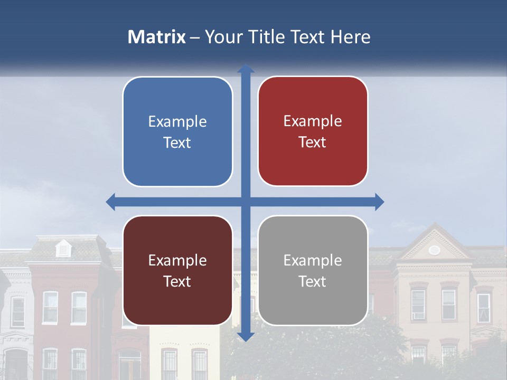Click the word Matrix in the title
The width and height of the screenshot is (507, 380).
(x=157, y=37)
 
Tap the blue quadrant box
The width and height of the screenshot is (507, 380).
(x=177, y=131)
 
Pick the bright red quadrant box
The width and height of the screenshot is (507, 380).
(x=313, y=131)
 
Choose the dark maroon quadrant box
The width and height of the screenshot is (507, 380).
(x=177, y=270)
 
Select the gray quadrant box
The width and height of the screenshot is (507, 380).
(x=313, y=270)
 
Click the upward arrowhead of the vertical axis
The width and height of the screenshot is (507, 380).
(x=246, y=69)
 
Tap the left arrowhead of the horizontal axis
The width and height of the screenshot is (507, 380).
(x=110, y=202)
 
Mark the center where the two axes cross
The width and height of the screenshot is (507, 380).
(x=246, y=202)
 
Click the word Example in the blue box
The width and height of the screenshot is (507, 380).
(x=177, y=122)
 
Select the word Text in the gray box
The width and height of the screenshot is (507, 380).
(x=313, y=281)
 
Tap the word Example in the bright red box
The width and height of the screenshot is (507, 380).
(x=313, y=121)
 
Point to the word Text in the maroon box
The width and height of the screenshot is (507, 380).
(x=177, y=281)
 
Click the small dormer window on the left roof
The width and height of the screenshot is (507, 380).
(x=63, y=249)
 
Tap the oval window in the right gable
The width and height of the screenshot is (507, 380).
(x=434, y=250)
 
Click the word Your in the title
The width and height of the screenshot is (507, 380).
(x=223, y=37)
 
